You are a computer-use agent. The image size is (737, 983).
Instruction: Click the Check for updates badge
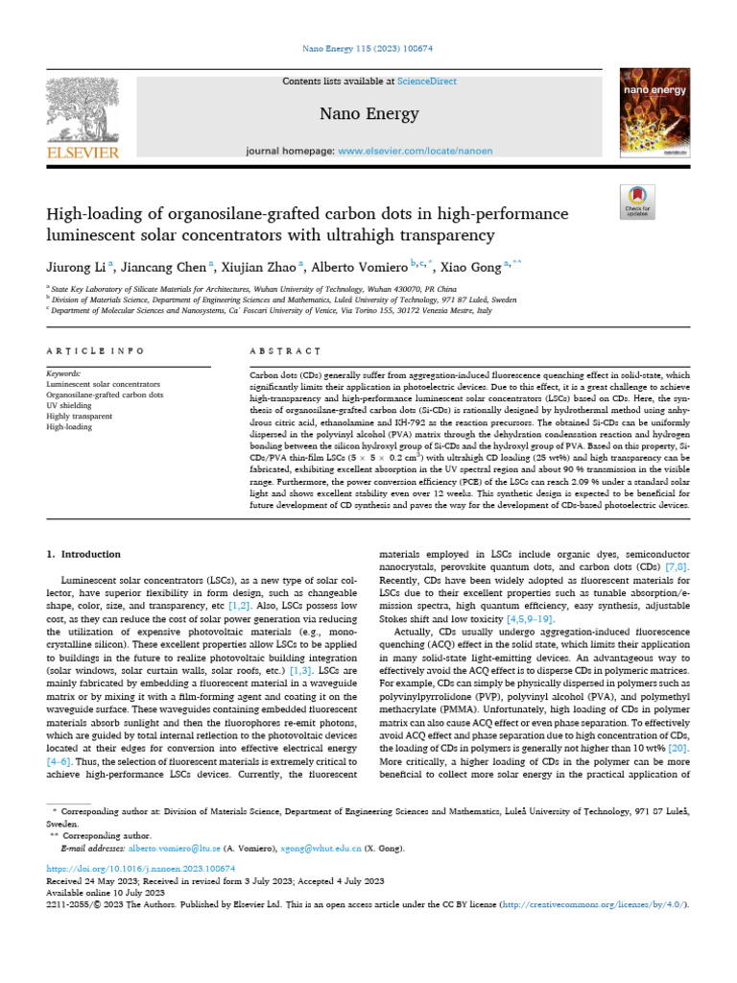(637, 201)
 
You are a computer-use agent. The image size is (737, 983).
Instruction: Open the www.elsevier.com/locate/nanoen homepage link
(409, 152)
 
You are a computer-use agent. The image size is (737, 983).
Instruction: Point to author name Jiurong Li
(78, 265)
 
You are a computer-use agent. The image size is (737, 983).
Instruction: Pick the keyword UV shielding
(73, 405)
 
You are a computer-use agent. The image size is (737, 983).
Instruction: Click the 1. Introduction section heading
(84, 554)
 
